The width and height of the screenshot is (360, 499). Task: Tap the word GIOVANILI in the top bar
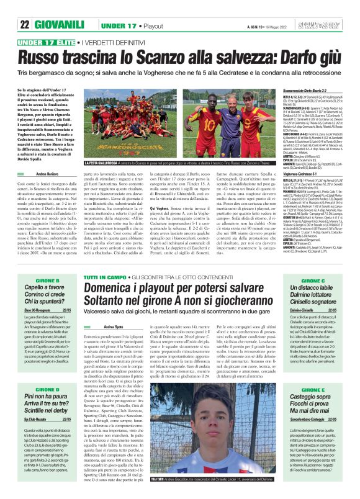click(60, 8)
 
